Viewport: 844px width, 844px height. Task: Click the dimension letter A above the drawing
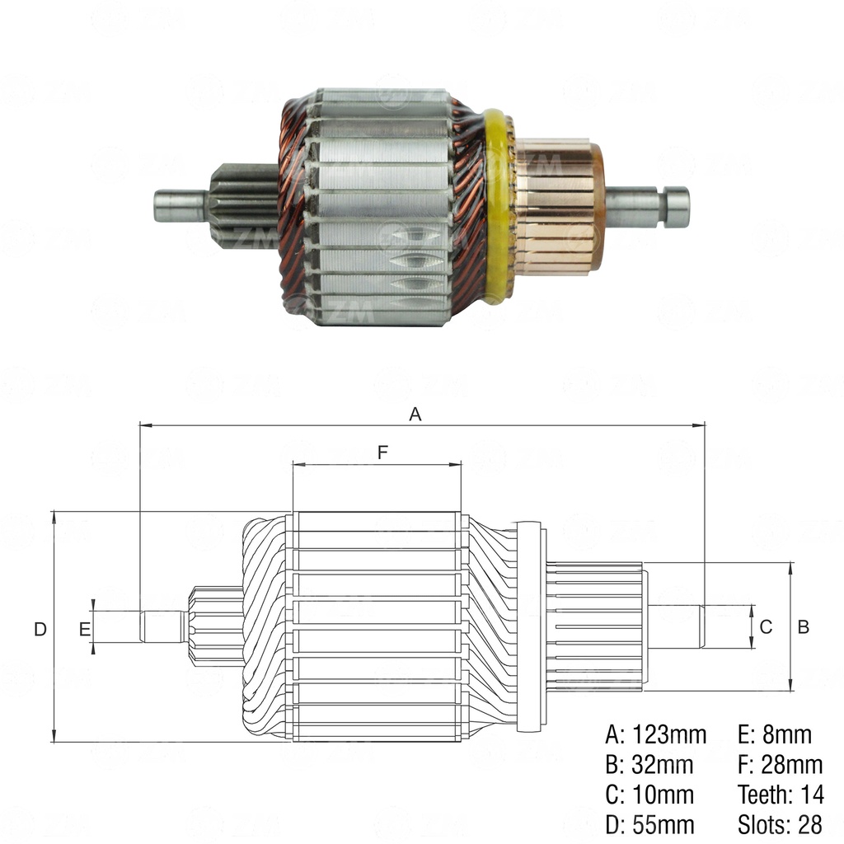(x=415, y=415)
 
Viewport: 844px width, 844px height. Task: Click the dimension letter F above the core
(x=382, y=452)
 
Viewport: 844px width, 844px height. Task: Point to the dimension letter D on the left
(x=40, y=629)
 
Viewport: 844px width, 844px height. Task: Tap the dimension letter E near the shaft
(x=83, y=629)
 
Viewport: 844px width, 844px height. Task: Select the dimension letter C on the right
(x=766, y=627)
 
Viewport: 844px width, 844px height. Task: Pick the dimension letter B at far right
(x=804, y=627)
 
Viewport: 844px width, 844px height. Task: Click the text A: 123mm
(x=655, y=734)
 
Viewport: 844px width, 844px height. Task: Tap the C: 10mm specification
(x=649, y=795)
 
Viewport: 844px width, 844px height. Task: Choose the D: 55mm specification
(x=649, y=824)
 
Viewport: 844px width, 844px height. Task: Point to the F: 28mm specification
(x=780, y=765)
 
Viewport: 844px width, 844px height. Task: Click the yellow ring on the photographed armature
(x=495, y=206)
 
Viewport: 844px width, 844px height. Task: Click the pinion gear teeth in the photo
(x=243, y=206)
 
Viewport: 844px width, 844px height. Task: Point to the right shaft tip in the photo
(x=677, y=207)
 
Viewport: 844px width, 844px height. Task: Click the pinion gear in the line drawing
(x=216, y=626)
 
